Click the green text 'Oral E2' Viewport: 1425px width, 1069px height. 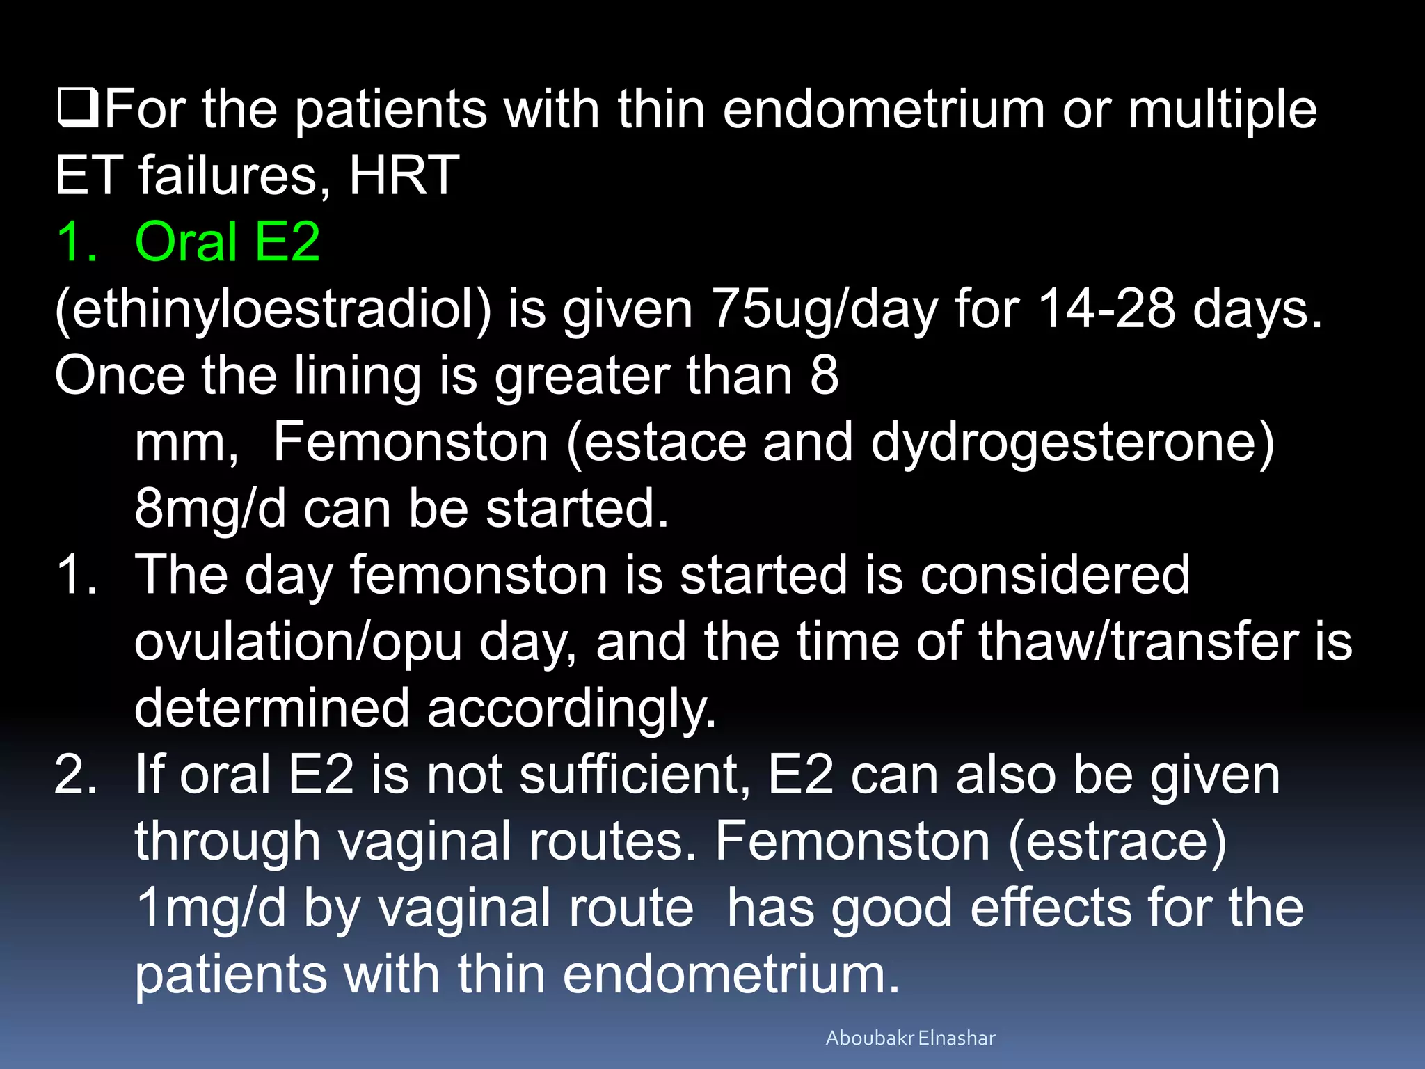(x=227, y=241)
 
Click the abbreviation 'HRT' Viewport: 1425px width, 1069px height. (x=404, y=175)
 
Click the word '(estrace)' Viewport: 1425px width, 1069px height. (x=1117, y=841)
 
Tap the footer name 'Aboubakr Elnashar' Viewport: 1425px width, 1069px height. (x=910, y=1038)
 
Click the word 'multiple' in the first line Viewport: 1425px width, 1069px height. (x=1222, y=109)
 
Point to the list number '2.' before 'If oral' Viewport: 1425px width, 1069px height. (x=75, y=775)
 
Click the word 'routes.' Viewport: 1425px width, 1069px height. (x=613, y=841)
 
